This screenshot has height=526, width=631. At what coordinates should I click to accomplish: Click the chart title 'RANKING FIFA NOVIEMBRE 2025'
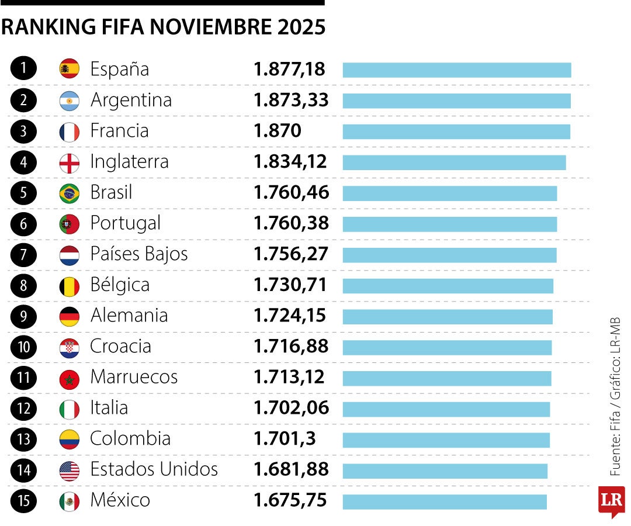(x=163, y=27)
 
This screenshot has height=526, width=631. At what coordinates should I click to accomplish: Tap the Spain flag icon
(x=70, y=69)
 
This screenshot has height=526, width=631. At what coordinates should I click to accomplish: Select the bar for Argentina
(x=456, y=101)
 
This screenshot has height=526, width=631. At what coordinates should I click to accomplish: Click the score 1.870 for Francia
(x=278, y=131)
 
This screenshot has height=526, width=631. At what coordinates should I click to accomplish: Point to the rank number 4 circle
(x=23, y=162)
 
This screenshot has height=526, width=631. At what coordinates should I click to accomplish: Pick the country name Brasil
(x=111, y=192)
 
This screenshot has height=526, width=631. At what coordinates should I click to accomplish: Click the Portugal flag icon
(x=70, y=223)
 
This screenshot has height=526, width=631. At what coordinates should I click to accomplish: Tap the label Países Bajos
(x=139, y=254)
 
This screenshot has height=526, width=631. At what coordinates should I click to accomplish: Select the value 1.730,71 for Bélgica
(x=290, y=285)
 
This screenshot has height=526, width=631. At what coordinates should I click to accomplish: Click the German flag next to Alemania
(x=70, y=316)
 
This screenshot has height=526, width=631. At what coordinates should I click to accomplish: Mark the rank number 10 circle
(x=23, y=347)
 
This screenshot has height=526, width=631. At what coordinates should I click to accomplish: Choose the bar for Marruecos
(x=447, y=378)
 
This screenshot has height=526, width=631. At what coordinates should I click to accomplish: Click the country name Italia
(x=109, y=408)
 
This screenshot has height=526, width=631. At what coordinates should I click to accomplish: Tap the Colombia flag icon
(x=70, y=439)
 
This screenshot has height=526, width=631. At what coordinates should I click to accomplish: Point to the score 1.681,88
(x=291, y=469)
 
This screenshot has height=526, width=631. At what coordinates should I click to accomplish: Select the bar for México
(x=445, y=501)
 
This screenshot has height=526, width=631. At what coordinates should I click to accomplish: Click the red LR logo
(x=611, y=500)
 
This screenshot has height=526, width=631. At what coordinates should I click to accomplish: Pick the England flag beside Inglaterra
(x=70, y=162)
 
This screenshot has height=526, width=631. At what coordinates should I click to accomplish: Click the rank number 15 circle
(x=23, y=501)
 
